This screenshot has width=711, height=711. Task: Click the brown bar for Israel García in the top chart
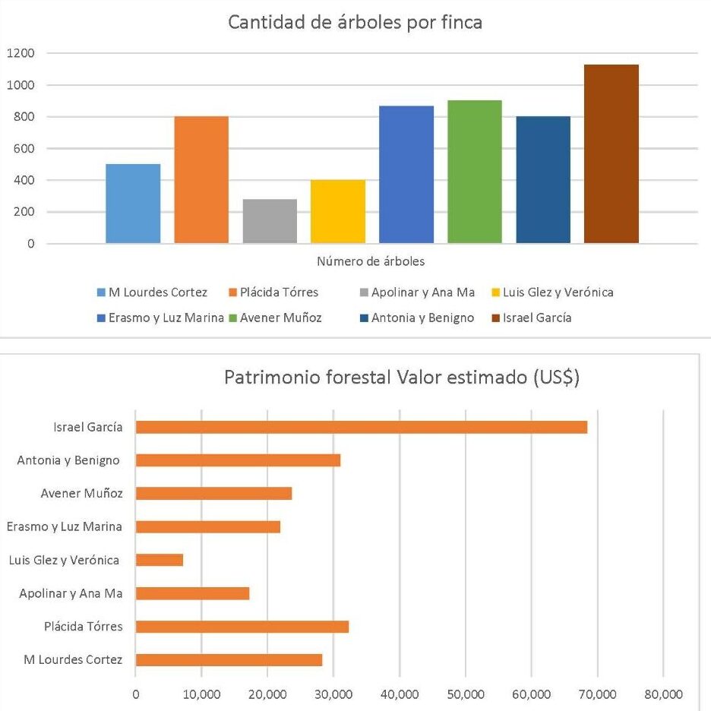[x=611, y=154]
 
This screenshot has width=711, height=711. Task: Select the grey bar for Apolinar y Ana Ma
[x=270, y=221]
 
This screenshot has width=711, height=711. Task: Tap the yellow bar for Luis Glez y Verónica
[x=338, y=212]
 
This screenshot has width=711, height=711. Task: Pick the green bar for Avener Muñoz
[x=475, y=172]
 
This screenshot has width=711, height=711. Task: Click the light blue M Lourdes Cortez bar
[x=133, y=204]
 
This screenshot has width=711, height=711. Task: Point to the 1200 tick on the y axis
[x=21, y=53]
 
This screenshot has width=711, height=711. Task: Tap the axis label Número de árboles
[x=371, y=262]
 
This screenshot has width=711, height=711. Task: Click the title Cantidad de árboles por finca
[x=355, y=22]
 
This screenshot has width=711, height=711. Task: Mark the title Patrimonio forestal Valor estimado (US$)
[x=402, y=378]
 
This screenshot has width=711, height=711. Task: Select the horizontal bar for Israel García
[x=361, y=427]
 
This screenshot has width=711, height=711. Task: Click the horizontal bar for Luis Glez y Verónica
[x=159, y=560]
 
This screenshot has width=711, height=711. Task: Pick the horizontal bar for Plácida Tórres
[x=242, y=627]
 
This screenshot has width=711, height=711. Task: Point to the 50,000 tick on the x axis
[x=466, y=694]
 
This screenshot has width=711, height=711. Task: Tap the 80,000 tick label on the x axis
[x=663, y=694]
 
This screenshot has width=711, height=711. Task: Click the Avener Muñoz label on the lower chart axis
[x=81, y=494]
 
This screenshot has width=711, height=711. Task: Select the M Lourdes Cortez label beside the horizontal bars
[x=73, y=660]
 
